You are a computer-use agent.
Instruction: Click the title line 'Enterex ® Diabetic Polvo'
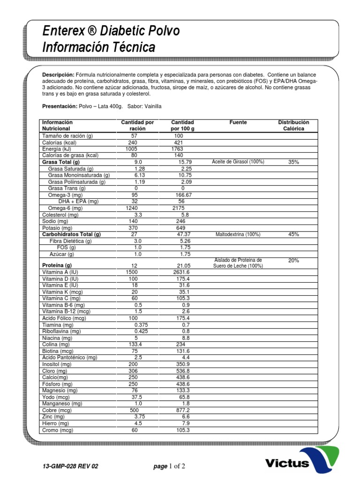click(x=111, y=32)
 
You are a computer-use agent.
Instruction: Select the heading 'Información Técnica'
click(x=98, y=47)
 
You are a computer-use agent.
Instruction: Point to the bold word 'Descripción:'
click(x=58, y=75)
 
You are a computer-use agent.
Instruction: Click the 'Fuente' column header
click(x=238, y=122)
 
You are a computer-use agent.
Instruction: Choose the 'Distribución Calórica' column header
click(x=293, y=125)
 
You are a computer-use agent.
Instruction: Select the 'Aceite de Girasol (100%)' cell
click(x=238, y=162)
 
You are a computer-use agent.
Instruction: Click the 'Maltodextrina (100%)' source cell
click(x=238, y=234)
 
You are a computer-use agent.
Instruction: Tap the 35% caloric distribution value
click(x=293, y=162)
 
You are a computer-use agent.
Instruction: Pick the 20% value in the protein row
click(x=293, y=260)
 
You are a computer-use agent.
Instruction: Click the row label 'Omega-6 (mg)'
click(x=65, y=208)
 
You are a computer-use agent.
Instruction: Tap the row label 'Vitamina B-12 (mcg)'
click(x=66, y=311)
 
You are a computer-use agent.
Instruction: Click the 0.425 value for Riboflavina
click(x=142, y=331)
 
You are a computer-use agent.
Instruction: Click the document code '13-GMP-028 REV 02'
click(x=70, y=466)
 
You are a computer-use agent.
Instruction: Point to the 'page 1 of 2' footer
click(x=169, y=466)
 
